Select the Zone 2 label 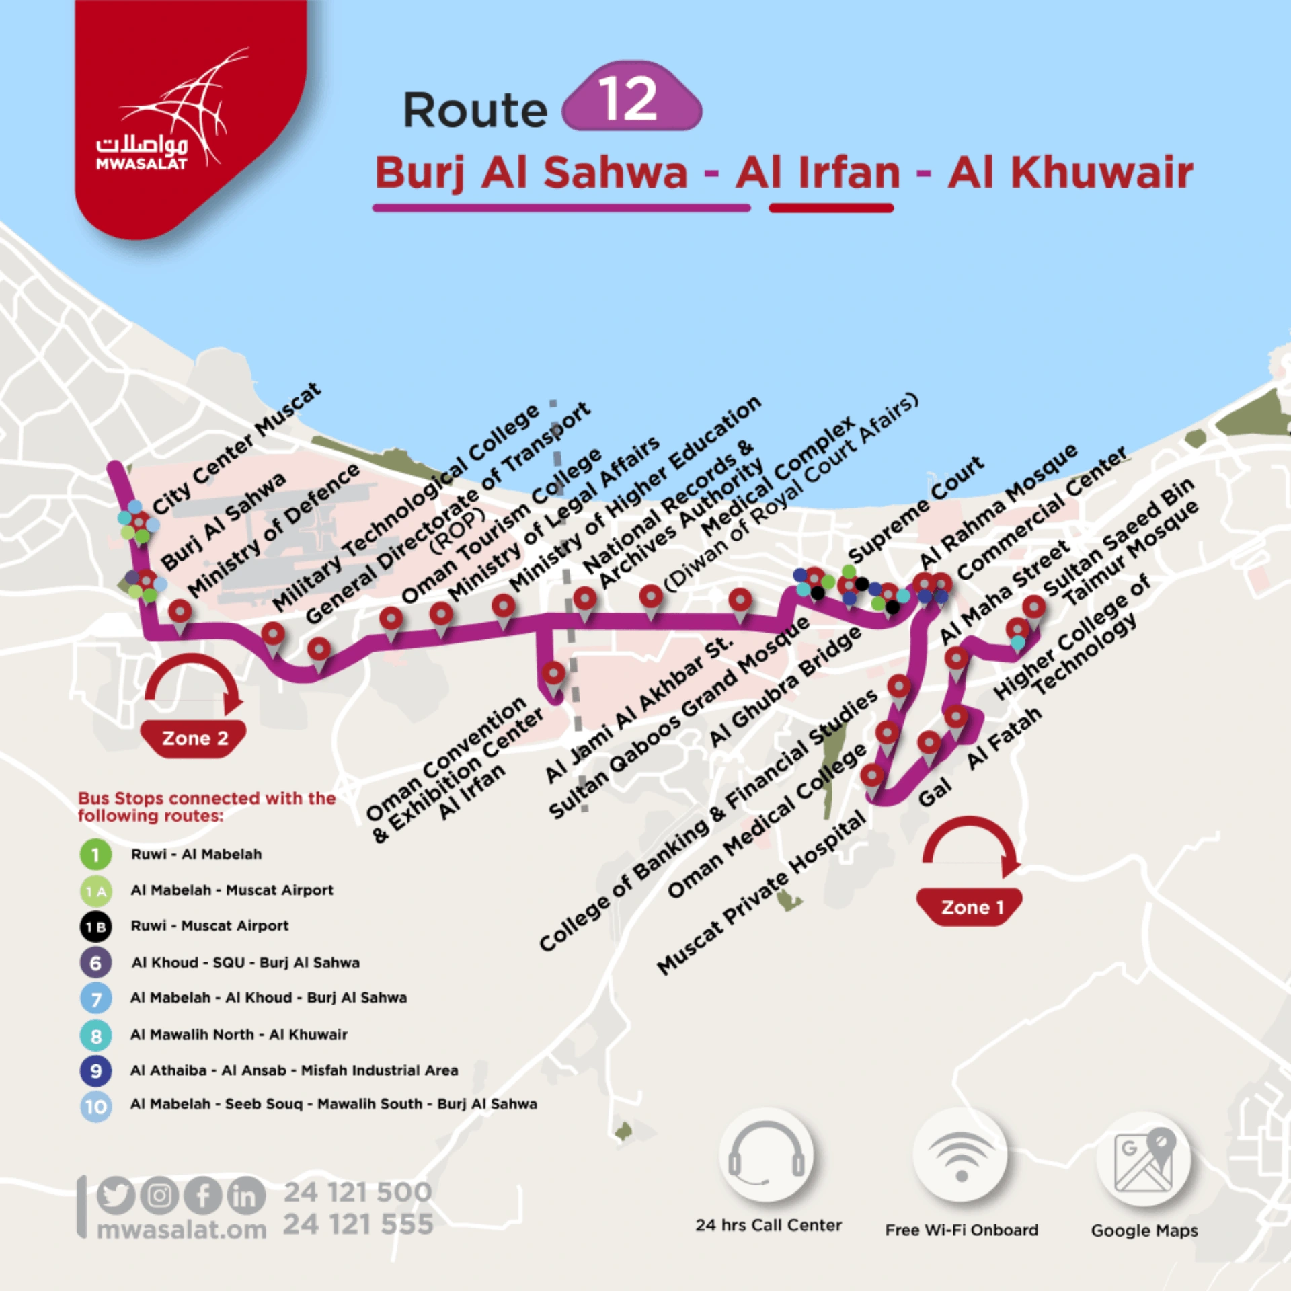pos(194,738)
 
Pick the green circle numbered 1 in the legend pos(95,855)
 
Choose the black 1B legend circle pos(95,927)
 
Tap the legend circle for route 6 pos(95,963)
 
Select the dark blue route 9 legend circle pos(95,1070)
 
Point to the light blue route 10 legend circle pos(95,1106)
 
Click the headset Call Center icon pos(767,1155)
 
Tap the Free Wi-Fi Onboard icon pos(961,1155)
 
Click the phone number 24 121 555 pos(358,1224)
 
